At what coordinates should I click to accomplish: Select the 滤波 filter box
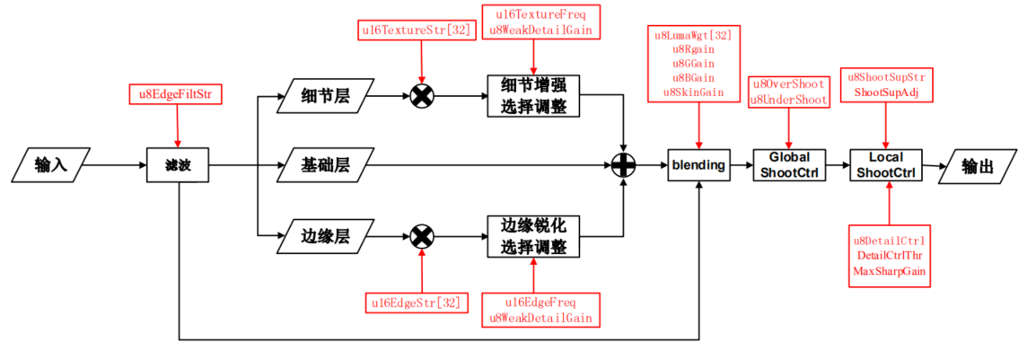pos(178,165)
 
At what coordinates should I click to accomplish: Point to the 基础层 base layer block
pos(324,165)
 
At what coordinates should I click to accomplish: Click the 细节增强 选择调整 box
pos(533,95)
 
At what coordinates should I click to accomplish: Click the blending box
pos(698,165)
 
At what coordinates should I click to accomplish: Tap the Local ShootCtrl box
pos(886,165)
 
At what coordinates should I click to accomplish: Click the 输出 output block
pos(978,165)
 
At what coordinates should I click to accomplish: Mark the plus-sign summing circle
pos(623,165)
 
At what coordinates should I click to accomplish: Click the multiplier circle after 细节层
pos(422,95)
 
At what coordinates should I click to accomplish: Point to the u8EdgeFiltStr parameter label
pos(175,93)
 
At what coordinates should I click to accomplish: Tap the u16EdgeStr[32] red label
pos(416,303)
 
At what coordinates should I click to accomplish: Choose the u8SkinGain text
pos(695,92)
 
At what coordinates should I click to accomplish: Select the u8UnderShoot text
pos(788,99)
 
